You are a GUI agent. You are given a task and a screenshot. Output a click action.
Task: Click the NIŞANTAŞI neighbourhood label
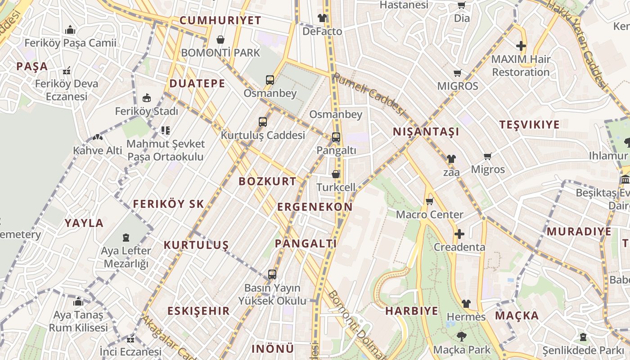click(x=426, y=132)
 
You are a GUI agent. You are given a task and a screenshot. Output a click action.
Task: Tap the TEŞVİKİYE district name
click(x=530, y=125)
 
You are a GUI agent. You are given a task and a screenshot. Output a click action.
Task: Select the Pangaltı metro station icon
click(x=336, y=137)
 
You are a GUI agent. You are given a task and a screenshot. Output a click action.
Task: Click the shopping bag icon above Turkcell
click(x=336, y=174)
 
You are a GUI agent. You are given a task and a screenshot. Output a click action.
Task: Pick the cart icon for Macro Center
click(x=429, y=201)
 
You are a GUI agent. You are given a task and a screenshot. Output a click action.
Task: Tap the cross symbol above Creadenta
click(x=459, y=234)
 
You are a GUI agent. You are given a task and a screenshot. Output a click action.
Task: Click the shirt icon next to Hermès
click(x=466, y=304)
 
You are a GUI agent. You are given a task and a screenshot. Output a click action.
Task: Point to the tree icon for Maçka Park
click(x=461, y=336)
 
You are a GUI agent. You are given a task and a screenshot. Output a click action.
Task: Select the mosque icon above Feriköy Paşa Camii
click(x=70, y=30)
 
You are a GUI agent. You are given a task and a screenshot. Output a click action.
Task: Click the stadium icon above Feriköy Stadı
click(x=146, y=98)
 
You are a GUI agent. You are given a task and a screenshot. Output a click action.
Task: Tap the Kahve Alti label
click(x=98, y=150)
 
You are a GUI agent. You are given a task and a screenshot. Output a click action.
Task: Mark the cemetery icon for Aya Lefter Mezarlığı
click(x=126, y=237)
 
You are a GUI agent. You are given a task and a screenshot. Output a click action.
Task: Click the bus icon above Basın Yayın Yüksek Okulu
click(x=272, y=274)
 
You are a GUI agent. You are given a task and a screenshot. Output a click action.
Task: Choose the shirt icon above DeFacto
click(x=322, y=18)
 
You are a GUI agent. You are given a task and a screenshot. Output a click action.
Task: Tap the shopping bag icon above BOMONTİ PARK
click(x=220, y=40)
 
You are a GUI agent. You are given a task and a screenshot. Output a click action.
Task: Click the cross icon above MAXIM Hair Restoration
click(x=521, y=46)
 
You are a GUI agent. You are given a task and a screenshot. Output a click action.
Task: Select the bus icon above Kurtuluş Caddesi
click(x=263, y=121)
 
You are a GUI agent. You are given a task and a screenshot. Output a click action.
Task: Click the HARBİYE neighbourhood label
click(x=411, y=311)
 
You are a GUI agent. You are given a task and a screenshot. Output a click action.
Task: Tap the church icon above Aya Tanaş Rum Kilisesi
click(x=78, y=301)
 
